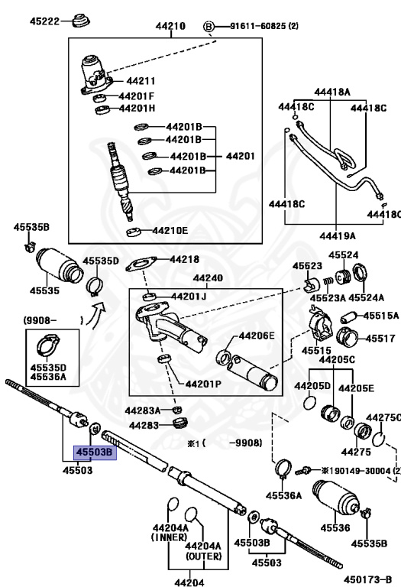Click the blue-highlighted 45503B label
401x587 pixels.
click(93, 452)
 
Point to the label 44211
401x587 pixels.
click(141, 80)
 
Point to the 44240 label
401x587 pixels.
click(207, 279)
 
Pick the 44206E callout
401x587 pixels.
click(256, 335)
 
